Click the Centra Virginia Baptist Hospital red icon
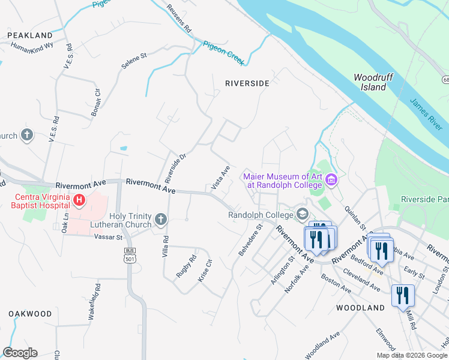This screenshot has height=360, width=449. pos(78,200)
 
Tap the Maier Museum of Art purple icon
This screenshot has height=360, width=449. pos(331,180)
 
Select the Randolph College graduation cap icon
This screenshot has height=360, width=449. pos(303,214)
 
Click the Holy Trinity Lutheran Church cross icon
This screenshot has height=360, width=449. pos(160,220)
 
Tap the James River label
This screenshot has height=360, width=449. pos(426,114)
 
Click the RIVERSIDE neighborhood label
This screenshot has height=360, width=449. pos(247,83)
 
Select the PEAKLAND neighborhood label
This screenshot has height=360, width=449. pos(30,36)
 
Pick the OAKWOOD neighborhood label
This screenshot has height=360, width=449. pos(30,314)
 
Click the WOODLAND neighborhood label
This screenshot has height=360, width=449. pos(360,308)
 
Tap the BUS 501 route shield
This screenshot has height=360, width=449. pos(127,255)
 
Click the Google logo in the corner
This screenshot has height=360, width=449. pos(20,353)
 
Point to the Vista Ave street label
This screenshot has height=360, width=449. pos(220,179)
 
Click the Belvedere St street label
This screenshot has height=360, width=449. pos(251,240)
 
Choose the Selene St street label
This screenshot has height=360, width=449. pos(134,59)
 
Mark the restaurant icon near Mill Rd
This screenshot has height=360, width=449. pos(403,296)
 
